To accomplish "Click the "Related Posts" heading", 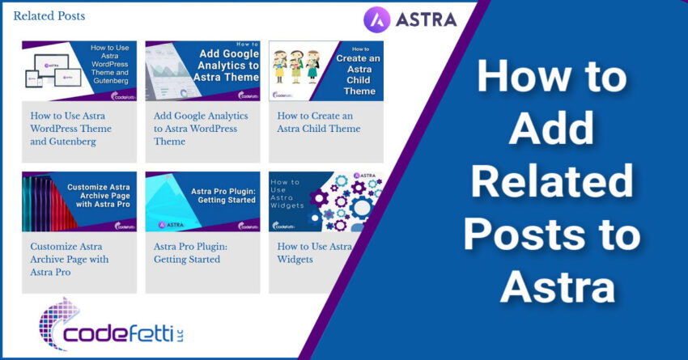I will [49, 15].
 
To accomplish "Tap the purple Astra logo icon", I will [377, 19].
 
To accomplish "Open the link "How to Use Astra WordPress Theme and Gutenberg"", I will [71, 129].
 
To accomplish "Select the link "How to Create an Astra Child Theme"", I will [319, 122].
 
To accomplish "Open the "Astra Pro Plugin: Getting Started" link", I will [191, 252].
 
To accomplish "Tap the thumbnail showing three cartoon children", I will [292, 70].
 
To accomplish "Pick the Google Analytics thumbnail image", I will [202, 70].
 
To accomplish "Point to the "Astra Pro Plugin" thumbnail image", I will [202, 201].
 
